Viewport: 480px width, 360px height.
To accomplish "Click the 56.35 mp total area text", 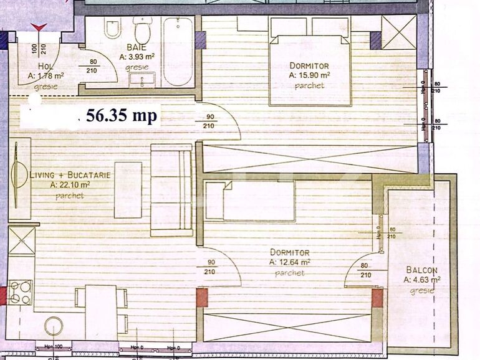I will point(122,115).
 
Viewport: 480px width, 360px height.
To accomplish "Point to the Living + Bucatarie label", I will point(70,175).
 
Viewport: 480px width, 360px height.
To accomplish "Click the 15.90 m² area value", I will point(309,75).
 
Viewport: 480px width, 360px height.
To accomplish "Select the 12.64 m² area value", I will point(290,262).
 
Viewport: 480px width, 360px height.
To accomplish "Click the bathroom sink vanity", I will point(143,80).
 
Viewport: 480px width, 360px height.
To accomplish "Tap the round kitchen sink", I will point(54,326).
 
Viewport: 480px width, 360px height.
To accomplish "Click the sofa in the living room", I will point(171,190).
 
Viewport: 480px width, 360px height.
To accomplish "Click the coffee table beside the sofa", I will point(128,190).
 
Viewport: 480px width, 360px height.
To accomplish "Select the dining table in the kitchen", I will point(101,311).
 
